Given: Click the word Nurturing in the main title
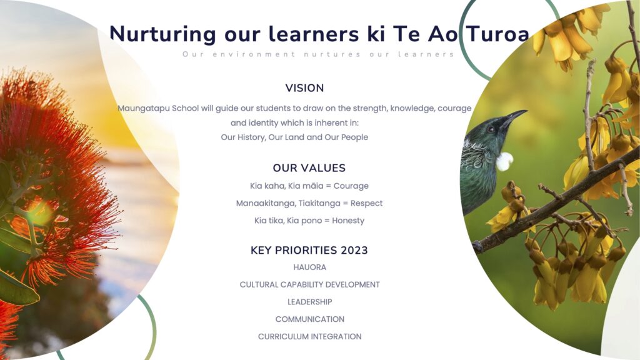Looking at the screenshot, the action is [x=163, y=34].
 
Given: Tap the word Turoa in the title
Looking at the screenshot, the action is [x=497, y=33].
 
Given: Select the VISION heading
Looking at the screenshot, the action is [x=304, y=87].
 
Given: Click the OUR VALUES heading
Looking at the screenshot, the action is [x=309, y=167].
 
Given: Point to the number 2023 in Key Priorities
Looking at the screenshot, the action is [x=354, y=250].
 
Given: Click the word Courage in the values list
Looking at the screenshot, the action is [x=351, y=186].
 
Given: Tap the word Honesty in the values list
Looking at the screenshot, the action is [x=348, y=221].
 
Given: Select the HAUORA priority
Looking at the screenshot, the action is [x=310, y=267].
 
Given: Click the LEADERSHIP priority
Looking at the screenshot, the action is [x=310, y=302].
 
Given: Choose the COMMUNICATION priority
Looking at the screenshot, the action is [x=310, y=319].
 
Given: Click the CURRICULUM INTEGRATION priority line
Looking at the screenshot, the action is [x=310, y=337].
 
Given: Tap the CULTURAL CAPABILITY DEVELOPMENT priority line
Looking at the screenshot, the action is [x=310, y=284].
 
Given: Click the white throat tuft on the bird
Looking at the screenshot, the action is [x=505, y=161].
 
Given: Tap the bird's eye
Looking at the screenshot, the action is [x=492, y=129].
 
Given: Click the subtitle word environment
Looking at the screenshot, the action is [x=254, y=54].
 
